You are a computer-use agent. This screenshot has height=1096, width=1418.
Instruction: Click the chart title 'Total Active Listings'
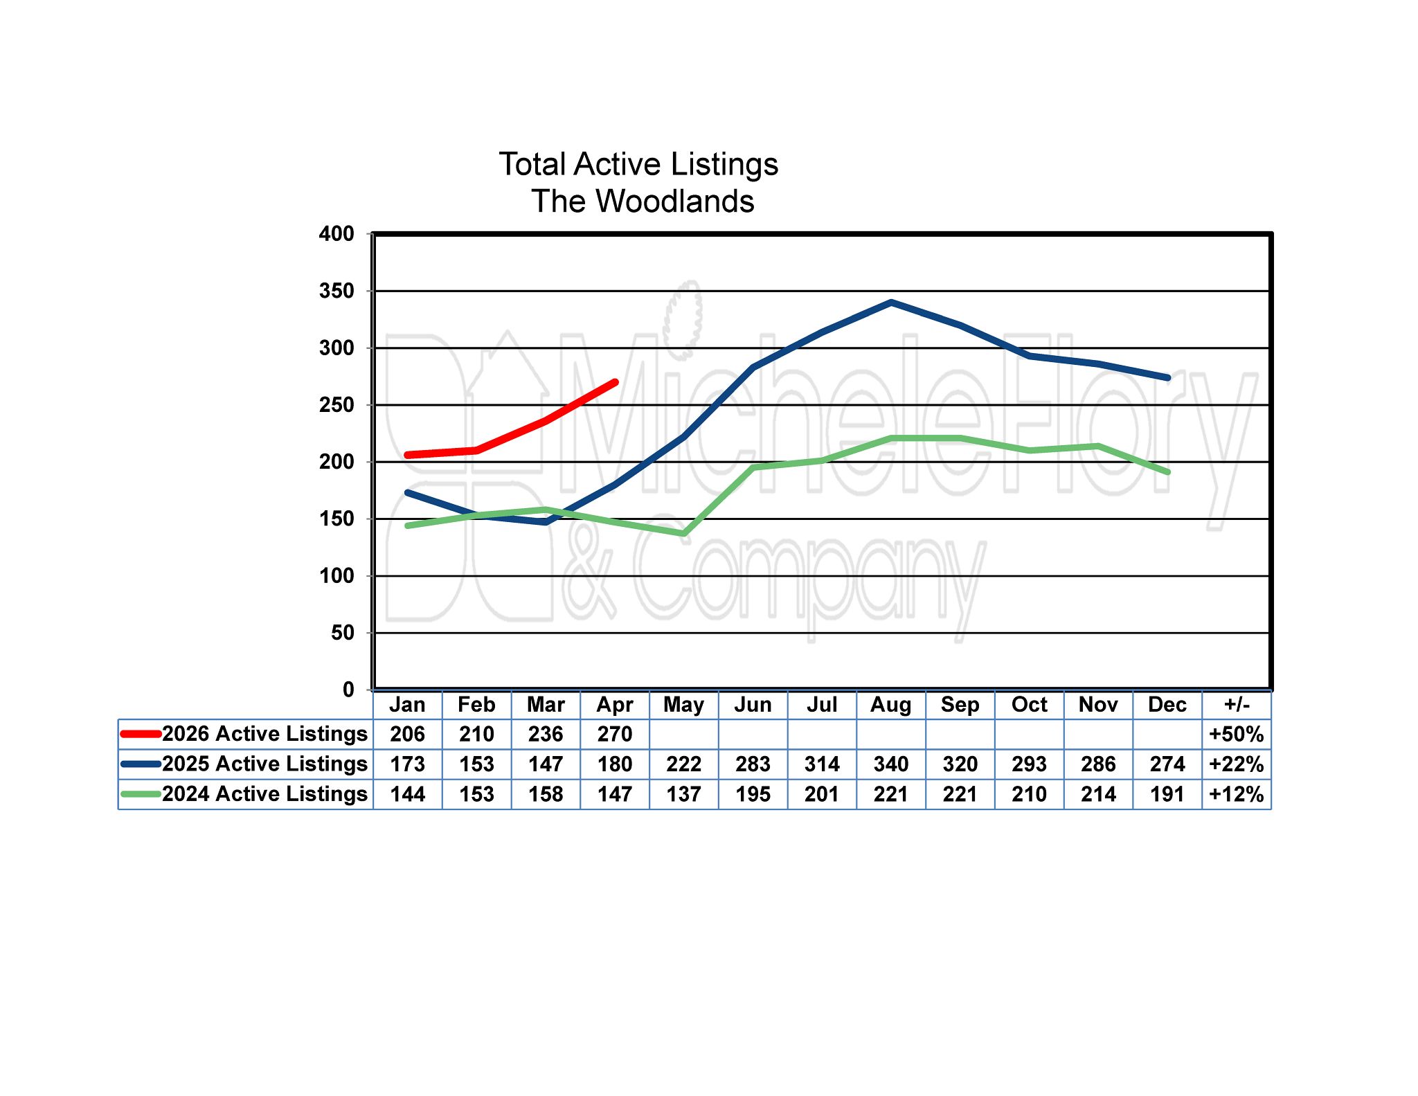click(638, 165)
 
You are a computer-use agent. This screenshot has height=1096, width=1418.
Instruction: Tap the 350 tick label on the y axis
click(336, 291)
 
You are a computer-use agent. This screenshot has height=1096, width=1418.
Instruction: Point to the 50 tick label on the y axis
click(343, 633)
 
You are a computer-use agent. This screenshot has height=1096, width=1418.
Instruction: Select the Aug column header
click(890, 705)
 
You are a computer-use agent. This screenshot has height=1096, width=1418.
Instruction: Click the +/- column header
click(1237, 705)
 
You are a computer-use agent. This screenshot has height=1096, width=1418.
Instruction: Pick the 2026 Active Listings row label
click(264, 734)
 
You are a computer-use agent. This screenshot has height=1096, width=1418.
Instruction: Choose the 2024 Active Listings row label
click(264, 794)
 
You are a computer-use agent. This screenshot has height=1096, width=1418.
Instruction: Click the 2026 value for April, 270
click(615, 735)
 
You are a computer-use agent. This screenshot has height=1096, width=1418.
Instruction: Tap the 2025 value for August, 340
click(890, 764)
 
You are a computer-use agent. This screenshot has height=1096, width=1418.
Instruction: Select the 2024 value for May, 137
click(683, 794)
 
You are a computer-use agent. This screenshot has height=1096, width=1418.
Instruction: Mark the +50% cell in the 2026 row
click(1237, 735)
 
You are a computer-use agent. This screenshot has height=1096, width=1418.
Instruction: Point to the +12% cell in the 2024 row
click(1237, 794)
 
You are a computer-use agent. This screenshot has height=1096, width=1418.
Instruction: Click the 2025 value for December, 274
click(1167, 764)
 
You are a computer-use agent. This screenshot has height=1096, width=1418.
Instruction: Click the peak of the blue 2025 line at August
click(891, 303)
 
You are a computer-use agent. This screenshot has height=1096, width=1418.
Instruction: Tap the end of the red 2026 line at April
click(615, 382)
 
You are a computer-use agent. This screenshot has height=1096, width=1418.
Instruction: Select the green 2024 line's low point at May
click(683, 534)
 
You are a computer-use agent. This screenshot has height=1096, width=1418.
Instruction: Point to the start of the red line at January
click(408, 455)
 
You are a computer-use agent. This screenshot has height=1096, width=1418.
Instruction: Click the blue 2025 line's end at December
click(1167, 378)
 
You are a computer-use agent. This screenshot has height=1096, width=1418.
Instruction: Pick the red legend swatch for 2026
click(141, 734)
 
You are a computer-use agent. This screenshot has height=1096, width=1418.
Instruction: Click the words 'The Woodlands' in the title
click(643, 201)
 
